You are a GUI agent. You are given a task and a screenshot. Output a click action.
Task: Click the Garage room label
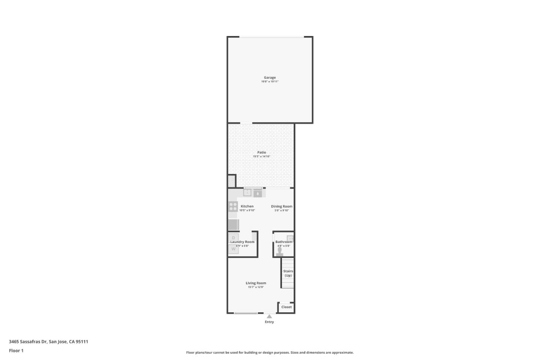tap(270, 78)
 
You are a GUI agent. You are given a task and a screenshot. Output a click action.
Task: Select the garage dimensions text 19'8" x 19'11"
tap(270, 82)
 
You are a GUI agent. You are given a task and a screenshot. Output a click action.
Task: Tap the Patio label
tap(261, 153)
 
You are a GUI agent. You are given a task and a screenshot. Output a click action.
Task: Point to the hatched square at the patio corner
tap(232, 181)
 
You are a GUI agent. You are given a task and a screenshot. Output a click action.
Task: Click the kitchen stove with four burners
tap(233, 207)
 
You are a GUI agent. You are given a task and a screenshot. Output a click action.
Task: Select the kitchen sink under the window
tap(247, 193)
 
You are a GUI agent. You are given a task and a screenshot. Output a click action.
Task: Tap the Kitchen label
tap(247, 206)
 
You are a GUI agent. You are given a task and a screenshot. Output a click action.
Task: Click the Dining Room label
tap(281, 206)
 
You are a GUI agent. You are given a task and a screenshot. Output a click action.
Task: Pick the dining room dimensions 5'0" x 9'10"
tap(281, 211)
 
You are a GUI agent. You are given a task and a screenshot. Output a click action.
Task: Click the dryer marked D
tap(233, 238)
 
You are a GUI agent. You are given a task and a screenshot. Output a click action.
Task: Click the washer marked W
tap(233, 249)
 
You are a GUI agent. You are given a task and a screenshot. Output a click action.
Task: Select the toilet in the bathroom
tap(279, 252)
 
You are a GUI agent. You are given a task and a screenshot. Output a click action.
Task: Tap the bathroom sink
tap(290, 238)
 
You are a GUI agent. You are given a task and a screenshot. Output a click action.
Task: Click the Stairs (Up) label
tap(288, 273)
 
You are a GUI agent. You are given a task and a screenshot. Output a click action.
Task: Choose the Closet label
tap(286, 307)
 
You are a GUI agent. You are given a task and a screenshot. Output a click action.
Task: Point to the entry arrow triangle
tap(269, 316)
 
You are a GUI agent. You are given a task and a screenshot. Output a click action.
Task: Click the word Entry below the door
tap(269, 322)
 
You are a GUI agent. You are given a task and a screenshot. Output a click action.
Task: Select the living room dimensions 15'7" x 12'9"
tap(256, 287)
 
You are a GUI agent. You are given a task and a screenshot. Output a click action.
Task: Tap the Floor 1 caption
tap(16, 351)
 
